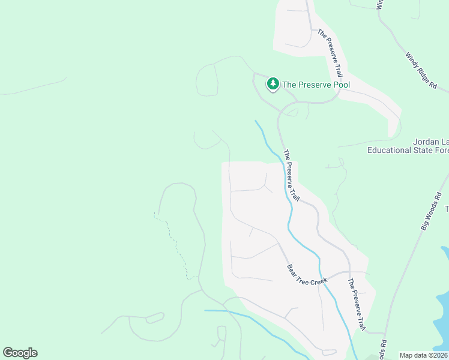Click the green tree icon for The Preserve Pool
[x=273, y=84]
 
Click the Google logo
[x=20, y=353]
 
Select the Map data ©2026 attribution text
[x=424, y=355]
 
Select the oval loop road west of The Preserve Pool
[x=207, y=80]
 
